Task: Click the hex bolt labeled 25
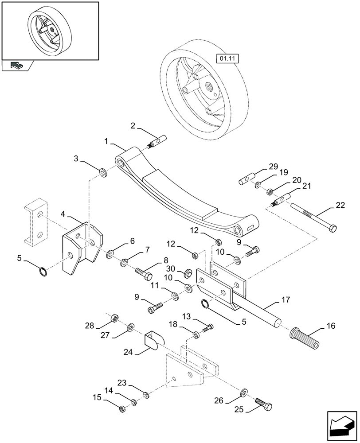[x=264, y=404]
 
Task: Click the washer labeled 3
[x=103, y=171]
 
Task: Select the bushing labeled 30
[x=187, y=272]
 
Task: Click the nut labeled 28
[x=113, y=318]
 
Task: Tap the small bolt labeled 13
[x=207, y=328]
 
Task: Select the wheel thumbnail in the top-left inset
[x=50, y=31]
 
